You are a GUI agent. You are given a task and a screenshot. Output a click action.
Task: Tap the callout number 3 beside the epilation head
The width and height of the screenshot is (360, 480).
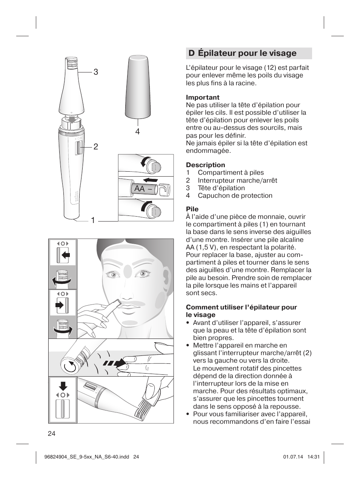coord(96,72)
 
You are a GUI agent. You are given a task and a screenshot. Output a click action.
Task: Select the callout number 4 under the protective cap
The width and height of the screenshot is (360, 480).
coord(137,131)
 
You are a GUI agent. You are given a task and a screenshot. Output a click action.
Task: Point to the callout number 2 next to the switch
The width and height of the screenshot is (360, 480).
coord(96,147)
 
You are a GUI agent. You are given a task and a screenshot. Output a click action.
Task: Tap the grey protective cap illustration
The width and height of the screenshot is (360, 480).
coord(138,86)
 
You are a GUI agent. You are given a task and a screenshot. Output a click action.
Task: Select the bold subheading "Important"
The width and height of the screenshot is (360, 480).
coord(202,97)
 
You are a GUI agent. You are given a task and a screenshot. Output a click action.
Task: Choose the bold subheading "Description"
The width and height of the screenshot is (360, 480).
coord(205,165)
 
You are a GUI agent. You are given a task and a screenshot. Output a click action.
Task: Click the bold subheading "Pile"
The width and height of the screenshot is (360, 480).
coord(192,209)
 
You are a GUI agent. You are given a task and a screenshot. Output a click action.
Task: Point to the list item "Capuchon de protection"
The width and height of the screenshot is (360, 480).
coord(235,195)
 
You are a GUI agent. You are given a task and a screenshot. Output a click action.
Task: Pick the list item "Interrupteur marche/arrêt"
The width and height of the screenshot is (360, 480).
coord(237,180)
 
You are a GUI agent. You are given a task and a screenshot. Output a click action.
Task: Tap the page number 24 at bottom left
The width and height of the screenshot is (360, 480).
coord(52,434)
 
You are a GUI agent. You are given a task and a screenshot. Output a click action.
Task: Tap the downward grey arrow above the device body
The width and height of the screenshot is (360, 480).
coord(72,120)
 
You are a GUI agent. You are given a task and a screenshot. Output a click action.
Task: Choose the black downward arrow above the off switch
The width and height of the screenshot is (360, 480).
coord(63,385)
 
